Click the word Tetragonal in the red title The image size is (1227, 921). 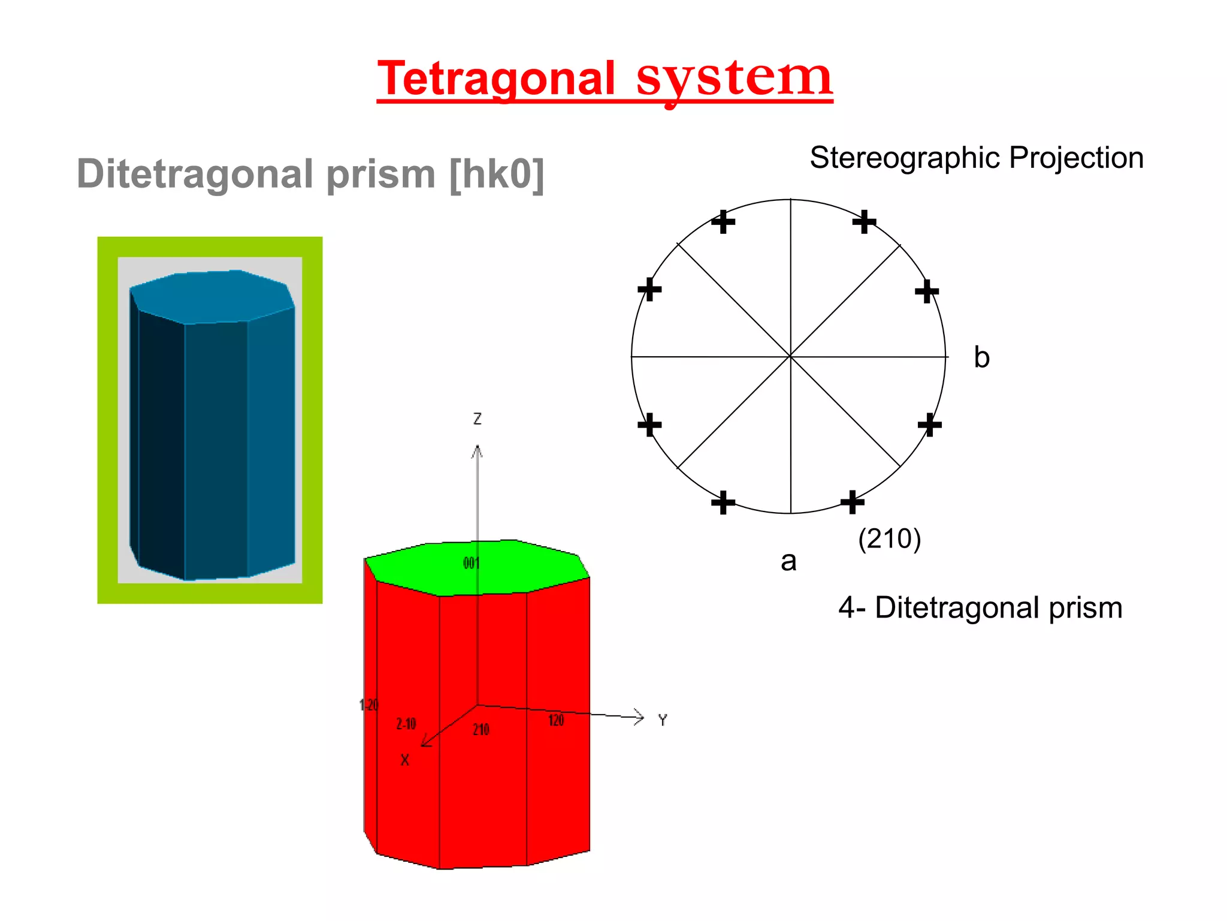(x=496, y=79)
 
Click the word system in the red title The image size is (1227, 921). (x=734, y=79)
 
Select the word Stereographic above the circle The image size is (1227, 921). (x=905, y=158)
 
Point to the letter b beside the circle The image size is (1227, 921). (x=981, y=357)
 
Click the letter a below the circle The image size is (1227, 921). (x=788, y=562)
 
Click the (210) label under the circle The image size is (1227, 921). (x=889, y=538)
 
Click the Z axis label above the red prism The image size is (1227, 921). (x=477, y=419)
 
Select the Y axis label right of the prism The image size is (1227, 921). (x=662, y=720)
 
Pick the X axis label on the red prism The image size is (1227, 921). (x=405, y=760)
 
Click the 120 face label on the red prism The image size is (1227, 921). (x=556, y=721)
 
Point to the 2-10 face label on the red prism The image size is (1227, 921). (x=406, y=724)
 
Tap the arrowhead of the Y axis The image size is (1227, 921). (x=640, y=717)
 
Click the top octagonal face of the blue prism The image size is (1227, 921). (x=212, y=296)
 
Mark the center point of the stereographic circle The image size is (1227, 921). (x=790, y=357)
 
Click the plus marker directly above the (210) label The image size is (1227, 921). (x=852, y=502)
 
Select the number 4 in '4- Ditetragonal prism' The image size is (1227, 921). (x=846, y=608)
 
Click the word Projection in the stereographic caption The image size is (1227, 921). (x=1076, y=158)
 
